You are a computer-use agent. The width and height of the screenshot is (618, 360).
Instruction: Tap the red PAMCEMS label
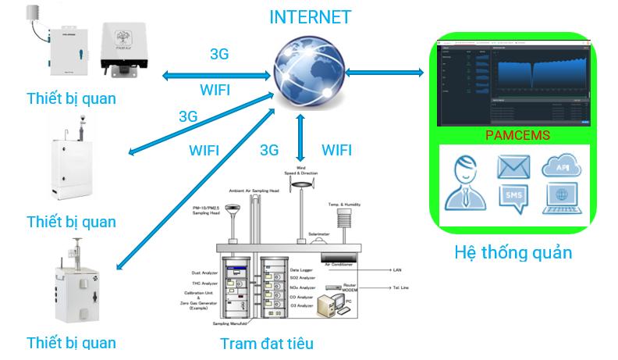(517, 135)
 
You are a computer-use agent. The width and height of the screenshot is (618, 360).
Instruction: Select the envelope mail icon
(513, 166)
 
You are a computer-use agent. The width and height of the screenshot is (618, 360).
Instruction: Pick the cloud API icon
(562, 165)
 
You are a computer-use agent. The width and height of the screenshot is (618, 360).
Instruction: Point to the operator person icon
(466, 182)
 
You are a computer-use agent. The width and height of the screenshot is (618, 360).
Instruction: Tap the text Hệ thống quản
(513, 252)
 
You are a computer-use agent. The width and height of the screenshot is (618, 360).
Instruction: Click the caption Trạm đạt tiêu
(267, 343)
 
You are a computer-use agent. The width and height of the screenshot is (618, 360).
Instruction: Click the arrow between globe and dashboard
(382, 73)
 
